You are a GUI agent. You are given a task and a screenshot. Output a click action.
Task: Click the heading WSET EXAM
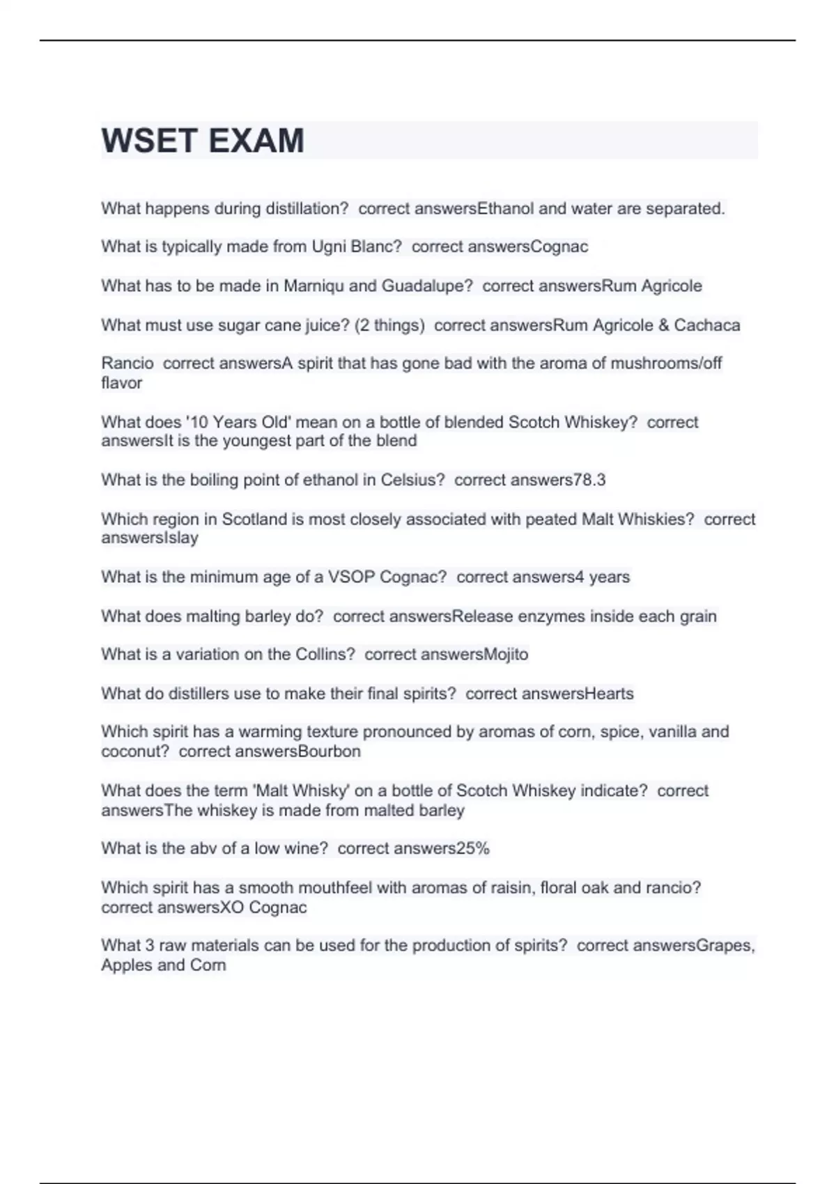click(x=203, y=141)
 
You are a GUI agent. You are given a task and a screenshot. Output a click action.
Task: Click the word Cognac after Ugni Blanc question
click(x=559, y=247)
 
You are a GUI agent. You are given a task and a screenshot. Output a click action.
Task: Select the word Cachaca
click(x=706, y=325)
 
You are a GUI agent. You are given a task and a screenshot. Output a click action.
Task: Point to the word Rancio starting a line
click(x=127, y=363)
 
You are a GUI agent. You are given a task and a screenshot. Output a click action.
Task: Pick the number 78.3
click(x=589, y=480)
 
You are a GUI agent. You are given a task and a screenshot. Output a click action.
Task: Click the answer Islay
click(x=180, y=538)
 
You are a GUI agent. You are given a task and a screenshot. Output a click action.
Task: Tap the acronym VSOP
click(x=352, y=577)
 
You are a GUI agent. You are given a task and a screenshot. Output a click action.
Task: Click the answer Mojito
click(x=506, y=655)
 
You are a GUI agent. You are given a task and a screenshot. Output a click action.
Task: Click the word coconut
click(x=135, y=751)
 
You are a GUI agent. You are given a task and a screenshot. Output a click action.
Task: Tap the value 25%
click(x=473, y=848)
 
